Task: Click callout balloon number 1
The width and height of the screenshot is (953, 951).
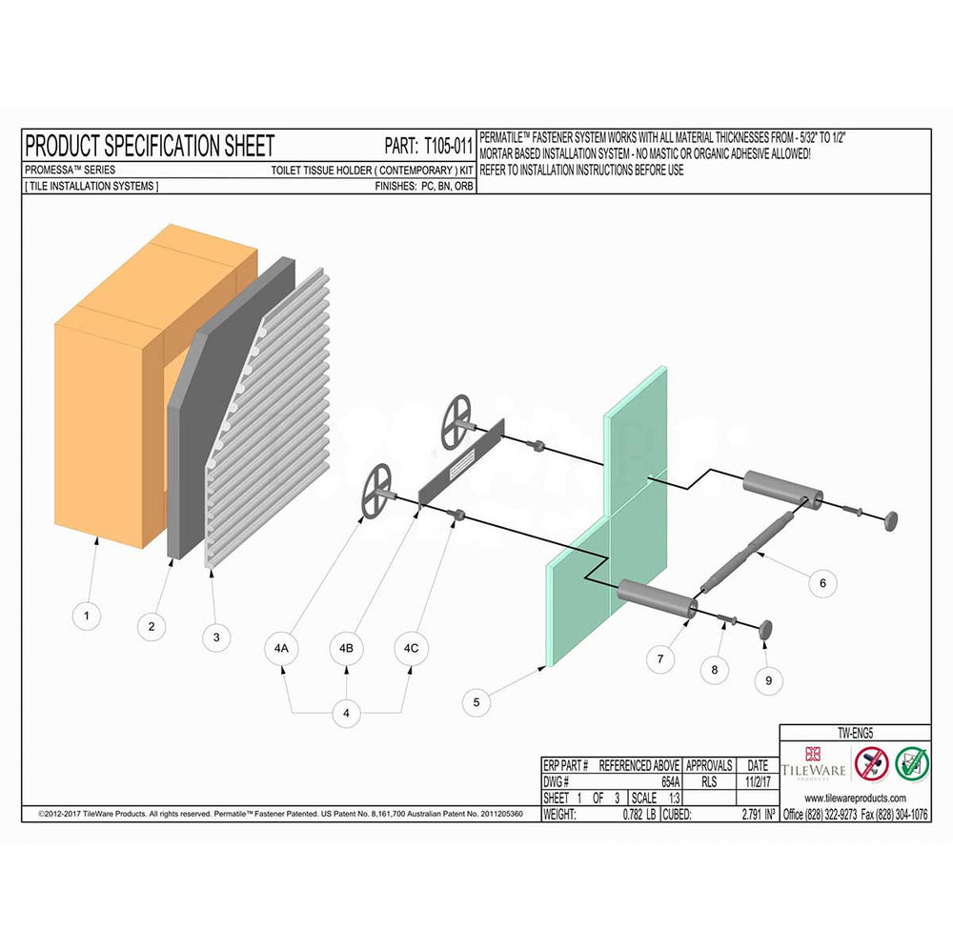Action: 87,616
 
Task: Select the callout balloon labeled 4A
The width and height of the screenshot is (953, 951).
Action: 281,648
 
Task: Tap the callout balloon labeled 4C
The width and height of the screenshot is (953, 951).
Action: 411,648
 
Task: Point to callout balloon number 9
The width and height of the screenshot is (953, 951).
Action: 769,679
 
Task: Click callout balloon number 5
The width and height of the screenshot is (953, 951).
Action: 476,702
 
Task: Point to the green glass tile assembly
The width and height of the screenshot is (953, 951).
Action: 610,534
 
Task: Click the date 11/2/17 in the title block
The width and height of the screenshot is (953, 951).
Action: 757,780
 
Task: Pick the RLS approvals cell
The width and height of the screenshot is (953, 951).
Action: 708,780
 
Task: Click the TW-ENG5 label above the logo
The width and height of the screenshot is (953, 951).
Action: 855,734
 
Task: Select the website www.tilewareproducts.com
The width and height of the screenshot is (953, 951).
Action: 855,798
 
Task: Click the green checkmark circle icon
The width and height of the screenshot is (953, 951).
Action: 910,763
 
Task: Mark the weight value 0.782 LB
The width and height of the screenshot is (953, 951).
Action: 639,815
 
